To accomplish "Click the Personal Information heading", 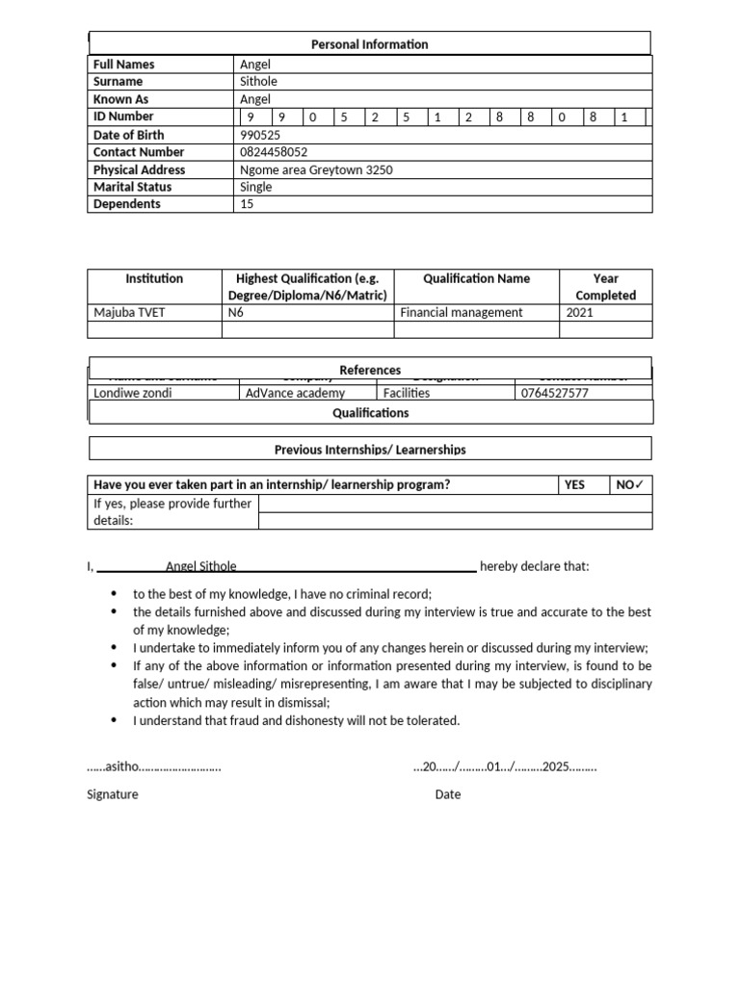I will point(370,44).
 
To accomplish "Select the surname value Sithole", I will point(258,82).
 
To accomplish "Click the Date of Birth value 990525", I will point(260,135).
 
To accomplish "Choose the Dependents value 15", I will point(247,204).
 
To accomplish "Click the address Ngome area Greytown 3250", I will point(316,169).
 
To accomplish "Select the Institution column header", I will point(154,278).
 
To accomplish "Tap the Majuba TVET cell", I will point(130,312).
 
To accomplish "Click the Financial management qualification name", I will point(462,312).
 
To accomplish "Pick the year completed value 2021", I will point(580,312).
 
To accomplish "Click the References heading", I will point(370,370).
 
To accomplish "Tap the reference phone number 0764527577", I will point(555,393).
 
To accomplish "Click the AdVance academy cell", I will point(295,393).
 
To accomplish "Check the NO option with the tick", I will point(630,484).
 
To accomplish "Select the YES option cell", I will point(574,484).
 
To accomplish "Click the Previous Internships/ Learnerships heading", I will point(370,449).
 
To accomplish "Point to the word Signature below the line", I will point(113,794).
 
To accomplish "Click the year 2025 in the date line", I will point(556,767).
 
